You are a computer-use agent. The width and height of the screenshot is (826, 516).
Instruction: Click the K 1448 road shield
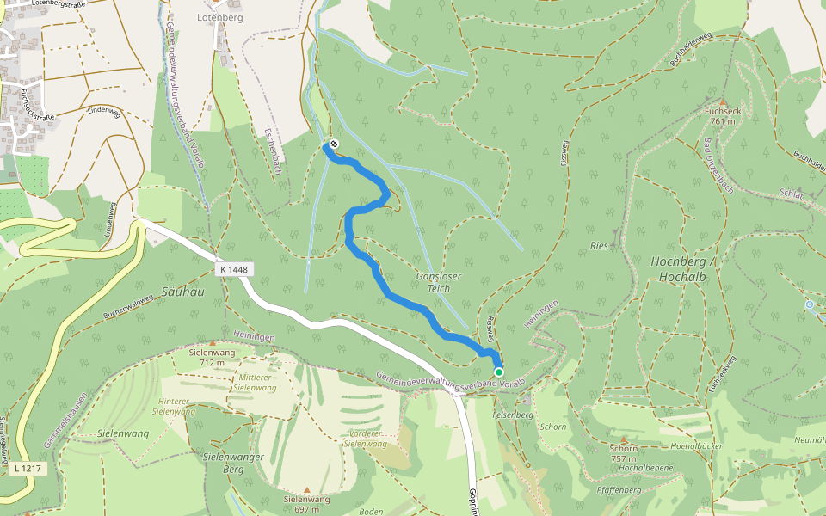(x=233, y=269)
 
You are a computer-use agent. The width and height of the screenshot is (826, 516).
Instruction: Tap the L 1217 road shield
(x=29, y=469)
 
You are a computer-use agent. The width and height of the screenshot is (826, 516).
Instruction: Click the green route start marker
(x=499, y=372)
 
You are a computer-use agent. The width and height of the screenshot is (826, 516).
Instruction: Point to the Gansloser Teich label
(x=439, y=282)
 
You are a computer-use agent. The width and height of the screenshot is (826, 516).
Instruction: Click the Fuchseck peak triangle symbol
(x=723, y=101)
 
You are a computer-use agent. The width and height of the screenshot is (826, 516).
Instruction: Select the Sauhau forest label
(x=182, y=292)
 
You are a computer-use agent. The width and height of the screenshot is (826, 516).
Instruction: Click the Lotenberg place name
(x=219, y=16)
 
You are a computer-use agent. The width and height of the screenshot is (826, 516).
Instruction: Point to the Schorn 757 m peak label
(x=623, y=453)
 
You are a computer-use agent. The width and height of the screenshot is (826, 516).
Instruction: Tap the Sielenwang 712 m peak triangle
(x=212, y=342)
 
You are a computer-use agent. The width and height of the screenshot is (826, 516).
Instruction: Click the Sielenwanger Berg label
(x=231, y=462)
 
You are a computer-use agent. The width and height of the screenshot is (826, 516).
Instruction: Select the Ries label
(x=599, y=246)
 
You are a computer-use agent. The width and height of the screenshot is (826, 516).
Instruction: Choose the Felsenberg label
(x=513, y=415)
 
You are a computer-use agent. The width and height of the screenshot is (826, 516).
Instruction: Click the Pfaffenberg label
(x=619, y=490)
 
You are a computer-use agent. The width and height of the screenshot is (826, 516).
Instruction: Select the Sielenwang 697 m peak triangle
(x=306, y=489)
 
